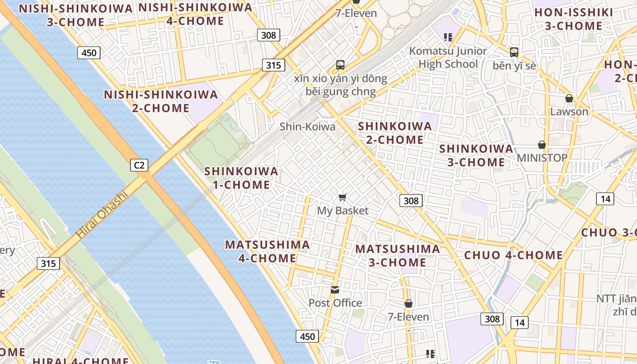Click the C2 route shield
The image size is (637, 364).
tap(139, 165)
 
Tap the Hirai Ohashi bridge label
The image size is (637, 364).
tap(101, 216)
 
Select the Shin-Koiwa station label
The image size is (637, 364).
tap(307, 126)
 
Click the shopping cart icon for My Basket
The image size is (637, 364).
tap(343, 197)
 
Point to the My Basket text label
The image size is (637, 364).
tap(343, 211)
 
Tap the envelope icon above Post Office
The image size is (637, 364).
tap(335, 289)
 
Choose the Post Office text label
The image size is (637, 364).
tap(335, 303)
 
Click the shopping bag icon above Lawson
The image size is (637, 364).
tap(569, 98)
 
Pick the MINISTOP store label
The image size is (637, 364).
tap(542, 158)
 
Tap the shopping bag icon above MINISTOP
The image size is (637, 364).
tap(542, 145)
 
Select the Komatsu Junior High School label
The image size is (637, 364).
tap(448, 57)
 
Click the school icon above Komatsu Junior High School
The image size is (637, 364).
tap(448, 37)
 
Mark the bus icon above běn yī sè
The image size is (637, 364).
tap(514, 52)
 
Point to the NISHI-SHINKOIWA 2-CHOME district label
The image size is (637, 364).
tap(161, 101)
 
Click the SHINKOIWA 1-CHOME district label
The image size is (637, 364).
tap(241, 178)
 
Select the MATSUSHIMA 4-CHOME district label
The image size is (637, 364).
tap(268, 251)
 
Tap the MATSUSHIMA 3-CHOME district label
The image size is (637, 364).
tap(398, 255)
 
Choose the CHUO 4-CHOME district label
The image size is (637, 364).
tap(514, 255)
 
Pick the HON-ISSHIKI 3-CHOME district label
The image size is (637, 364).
tap(573, 19)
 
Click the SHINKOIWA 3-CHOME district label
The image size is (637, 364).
tap(476, 155)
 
